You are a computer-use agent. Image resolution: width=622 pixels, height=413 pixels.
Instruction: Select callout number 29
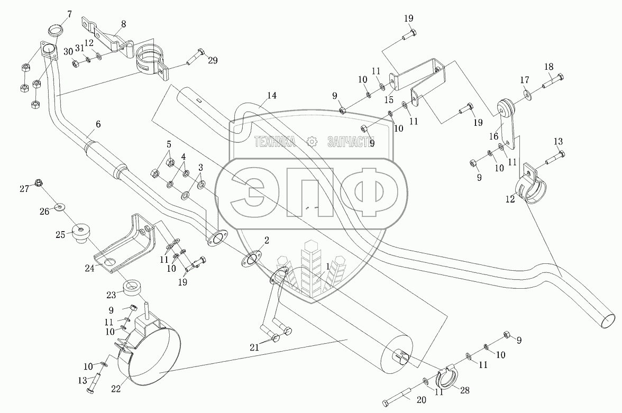pos(212,61)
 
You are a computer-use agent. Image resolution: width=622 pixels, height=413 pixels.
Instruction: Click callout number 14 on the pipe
pos(271,96)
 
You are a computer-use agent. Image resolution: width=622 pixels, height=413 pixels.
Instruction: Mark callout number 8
pos(123,24)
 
